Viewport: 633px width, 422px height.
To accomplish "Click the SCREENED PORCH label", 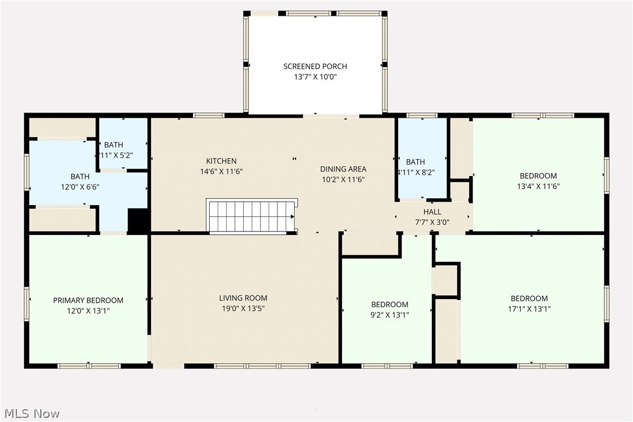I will [315, 66].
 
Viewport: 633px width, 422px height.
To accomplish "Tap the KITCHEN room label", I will [221, 161].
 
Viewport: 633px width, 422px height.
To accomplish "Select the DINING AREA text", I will [343, 169].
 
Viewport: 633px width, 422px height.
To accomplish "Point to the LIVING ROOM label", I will [243, 298].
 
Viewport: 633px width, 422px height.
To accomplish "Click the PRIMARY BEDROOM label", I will [88, 301].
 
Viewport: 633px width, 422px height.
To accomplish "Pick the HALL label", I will [432, 212].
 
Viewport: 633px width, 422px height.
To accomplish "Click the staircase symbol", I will [251, 217].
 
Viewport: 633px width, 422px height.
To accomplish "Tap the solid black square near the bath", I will [138, 221].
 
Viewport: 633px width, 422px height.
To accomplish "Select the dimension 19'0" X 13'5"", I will [243, 308].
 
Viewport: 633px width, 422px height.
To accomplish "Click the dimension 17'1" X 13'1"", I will [529, 310].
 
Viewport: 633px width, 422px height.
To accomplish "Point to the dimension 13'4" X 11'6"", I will [538, 187].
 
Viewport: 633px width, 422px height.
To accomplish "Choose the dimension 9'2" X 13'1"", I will [389, 315].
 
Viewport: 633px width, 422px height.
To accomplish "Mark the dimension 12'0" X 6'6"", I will [80, 187].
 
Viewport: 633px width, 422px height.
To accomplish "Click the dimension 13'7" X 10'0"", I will [315, 77].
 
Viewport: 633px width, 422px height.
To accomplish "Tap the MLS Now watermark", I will [30, 414].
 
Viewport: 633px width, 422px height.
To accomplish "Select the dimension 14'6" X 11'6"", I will [221, 172].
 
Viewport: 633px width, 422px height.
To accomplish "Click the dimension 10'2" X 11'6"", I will [343, 180].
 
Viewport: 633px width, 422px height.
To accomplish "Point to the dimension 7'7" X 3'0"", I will [432, 222].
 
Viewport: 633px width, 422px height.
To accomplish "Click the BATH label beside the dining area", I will [416, 162].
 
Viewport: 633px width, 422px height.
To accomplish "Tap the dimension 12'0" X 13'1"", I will [88, 311].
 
